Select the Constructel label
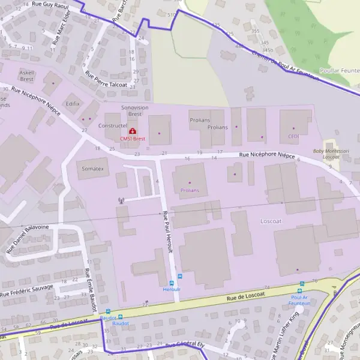[x=112, y=127]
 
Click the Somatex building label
[x=93, y=170]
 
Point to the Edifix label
[x=73, y=104]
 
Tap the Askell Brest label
[x=27, y=75]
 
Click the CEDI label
[x=293, y=136]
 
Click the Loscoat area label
[x=271, y=221]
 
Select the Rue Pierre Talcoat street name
[x=106, y=80]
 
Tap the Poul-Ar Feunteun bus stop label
[x=300, y=300]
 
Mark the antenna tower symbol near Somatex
[x=121, y=200]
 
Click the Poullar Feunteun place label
[x=340, y=70]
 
